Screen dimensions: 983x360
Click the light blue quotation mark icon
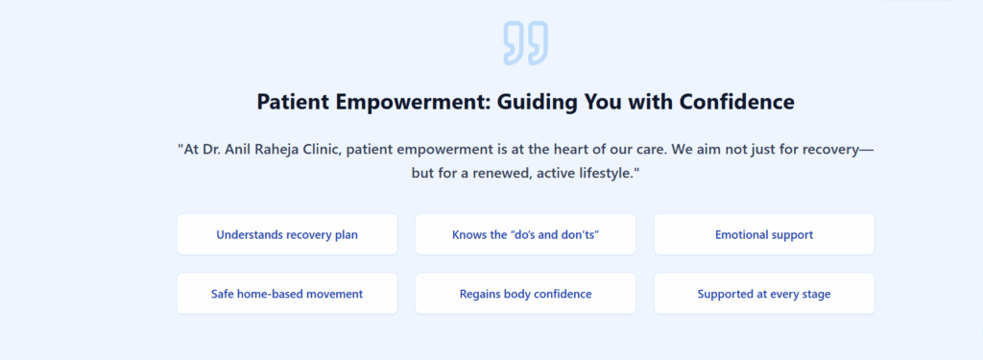pyautogui.click(x=525, y=42)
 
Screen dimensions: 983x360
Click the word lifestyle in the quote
pyautogui.click(x=605, y=173)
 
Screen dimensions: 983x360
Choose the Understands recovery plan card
pyautogui.click(x=287, y=234)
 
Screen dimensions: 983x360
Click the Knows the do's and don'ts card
pyautogui.click(x=525, y=234)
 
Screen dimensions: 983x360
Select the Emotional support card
pyautogui.click(x=764, y=234)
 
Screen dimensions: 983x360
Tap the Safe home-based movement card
pyautogui.click(x=287, y=294)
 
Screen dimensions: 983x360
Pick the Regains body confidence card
pyautogui.click(x=525, y=294)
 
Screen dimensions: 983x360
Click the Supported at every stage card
pyautogui.click(x=764, y=294)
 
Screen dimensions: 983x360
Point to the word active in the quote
pyautogui.click(x=554, y=173)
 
